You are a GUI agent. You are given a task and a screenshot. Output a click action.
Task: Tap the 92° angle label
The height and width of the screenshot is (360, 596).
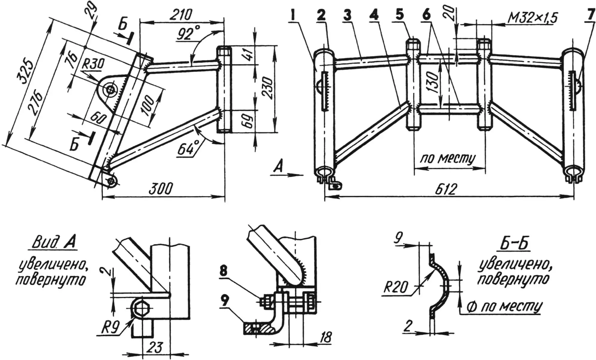185,34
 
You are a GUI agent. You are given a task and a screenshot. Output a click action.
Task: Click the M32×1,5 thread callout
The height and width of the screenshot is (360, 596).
532,19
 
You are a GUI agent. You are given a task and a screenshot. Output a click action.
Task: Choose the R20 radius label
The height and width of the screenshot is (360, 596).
396,287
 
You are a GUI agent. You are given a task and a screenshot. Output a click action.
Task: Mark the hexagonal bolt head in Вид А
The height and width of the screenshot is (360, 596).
141,309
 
